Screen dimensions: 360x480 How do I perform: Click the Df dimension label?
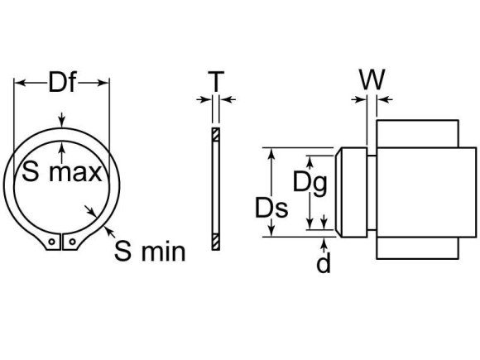pyautogui.click(x=62, y=82)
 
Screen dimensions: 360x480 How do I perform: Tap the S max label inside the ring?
pyautogui.click(x=62, y=172)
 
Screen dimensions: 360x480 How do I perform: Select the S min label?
pyautogui.click(x=150, y=252)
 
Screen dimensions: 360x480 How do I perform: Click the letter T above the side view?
pyautogui.click(x=216, y=81)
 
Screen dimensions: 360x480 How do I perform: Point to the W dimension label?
pyautogui.click(x=372, y=80)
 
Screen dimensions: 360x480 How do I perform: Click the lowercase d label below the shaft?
pyautogui.click(x=324, y=263)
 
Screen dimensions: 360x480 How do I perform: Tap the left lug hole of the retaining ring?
pyautogui.click(x=52, y=243)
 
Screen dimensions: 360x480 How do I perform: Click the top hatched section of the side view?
pyautogui.click(x=215, y=134)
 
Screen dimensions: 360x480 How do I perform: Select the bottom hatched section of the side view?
pyautogui.click(x=215, y=242)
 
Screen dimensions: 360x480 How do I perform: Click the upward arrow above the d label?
pyautogui.click(x=324, y=243)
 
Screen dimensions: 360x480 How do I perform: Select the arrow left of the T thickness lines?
pyautogui.click(x=204, y=100)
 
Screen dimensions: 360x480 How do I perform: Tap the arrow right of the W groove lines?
pyautogui.click(x=383, y=100)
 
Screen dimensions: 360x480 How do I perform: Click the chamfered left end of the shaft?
pyautogui.click(x=342, y=192)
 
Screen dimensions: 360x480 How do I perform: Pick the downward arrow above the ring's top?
pyautogui.click(x=62, y=122)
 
